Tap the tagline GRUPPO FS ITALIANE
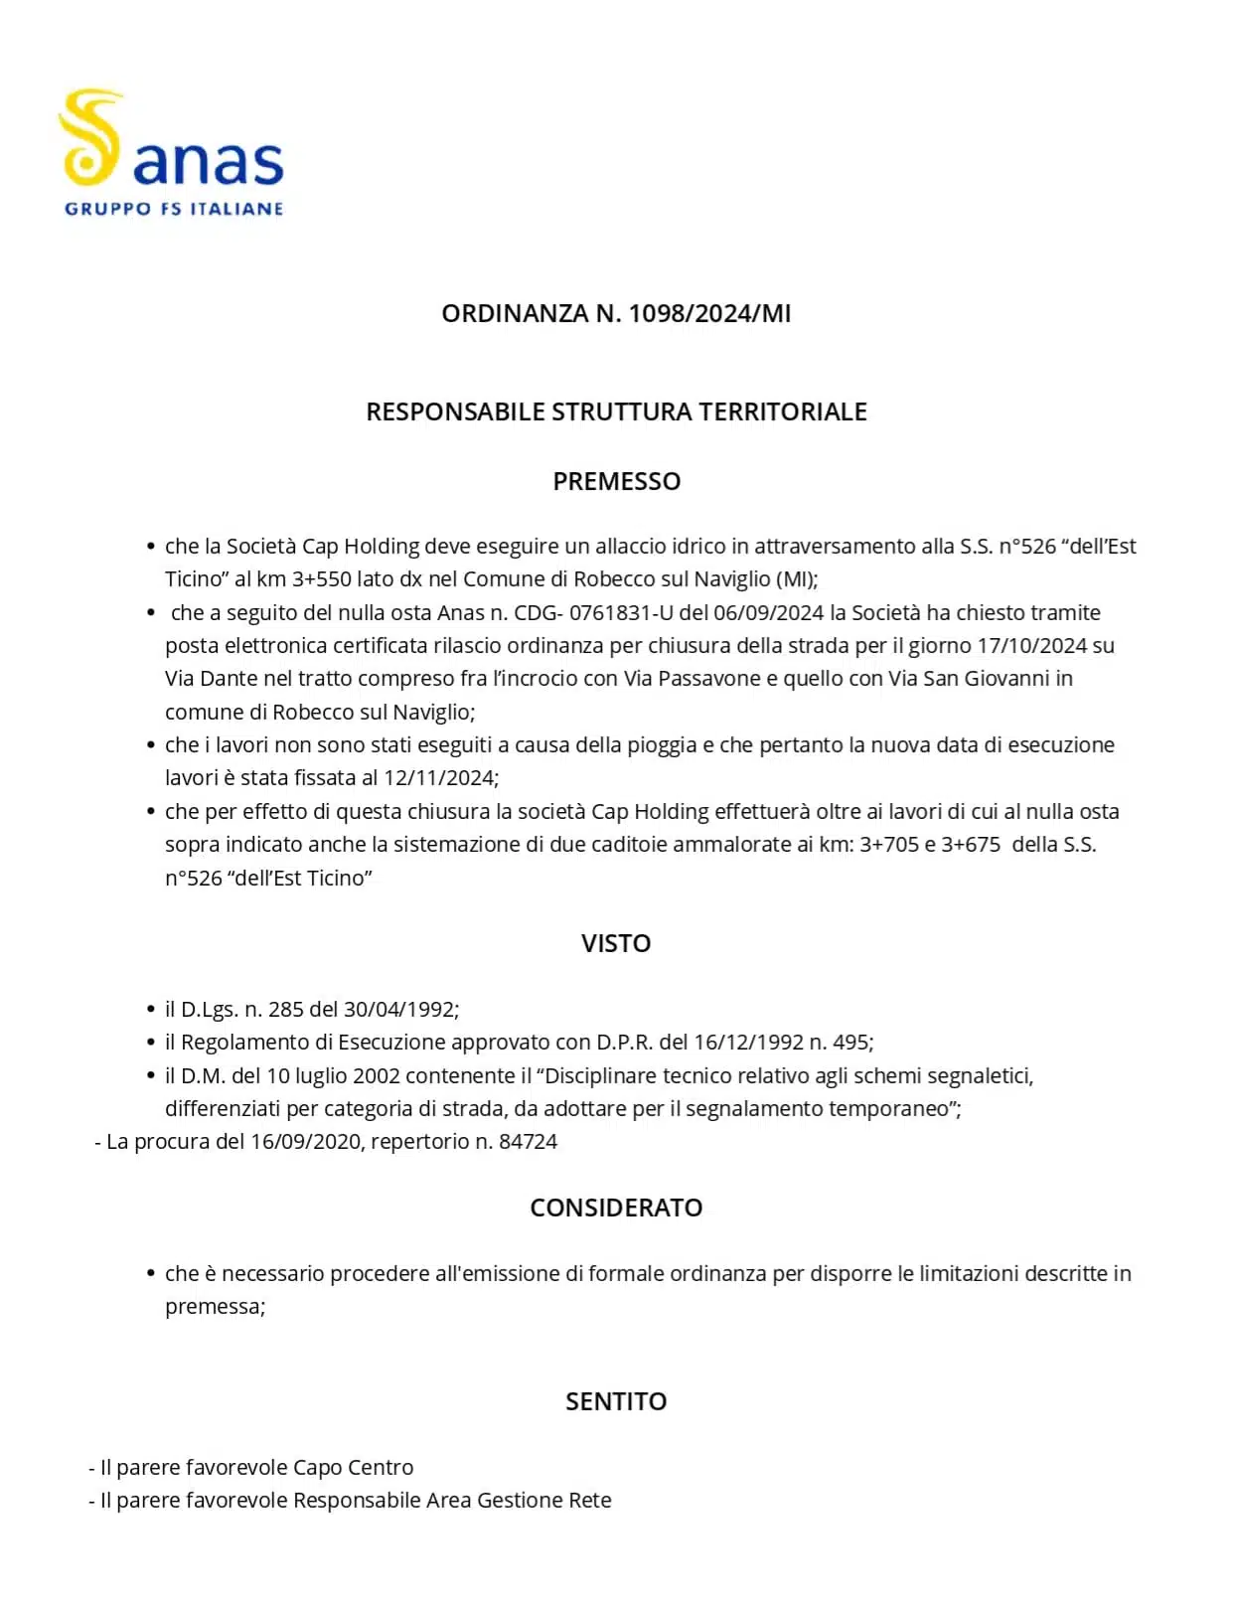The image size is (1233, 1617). point(174,209)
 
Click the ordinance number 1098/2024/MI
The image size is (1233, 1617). point(709,313)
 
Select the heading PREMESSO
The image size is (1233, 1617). point(616,481)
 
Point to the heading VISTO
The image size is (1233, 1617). point(616,943)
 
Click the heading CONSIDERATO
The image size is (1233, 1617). point(616,1208)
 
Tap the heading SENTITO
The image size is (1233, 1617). point(616,1401)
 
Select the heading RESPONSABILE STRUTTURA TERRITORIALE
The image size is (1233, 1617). point(616,411)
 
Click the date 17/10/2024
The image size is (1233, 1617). point(1031,646)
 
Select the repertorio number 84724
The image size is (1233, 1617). point(528,1142)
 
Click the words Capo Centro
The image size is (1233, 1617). point(353,1468)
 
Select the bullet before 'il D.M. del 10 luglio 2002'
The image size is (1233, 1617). point(151,1076)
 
